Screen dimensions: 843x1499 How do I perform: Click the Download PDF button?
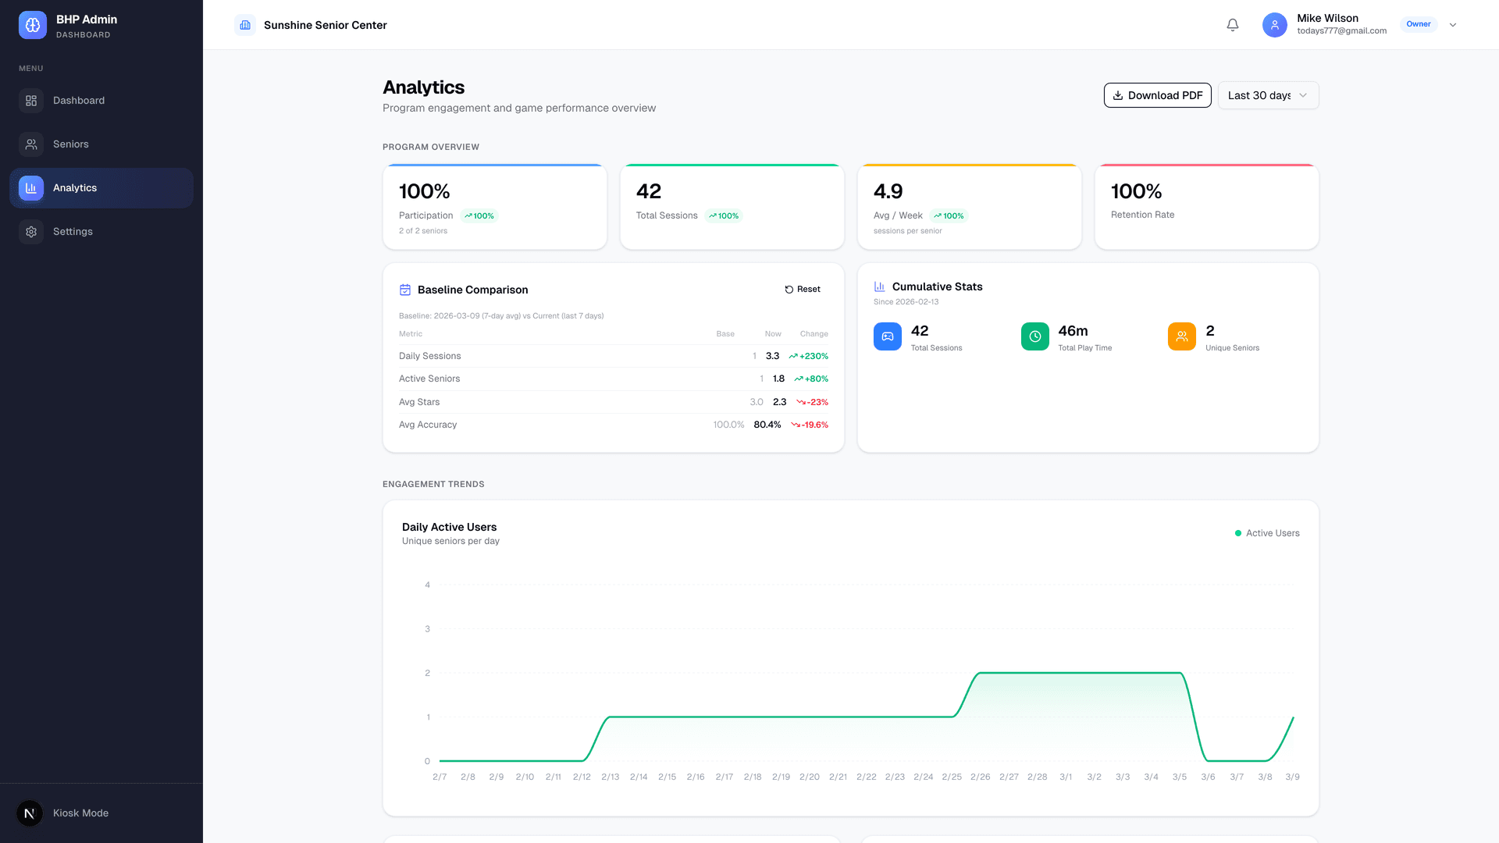(1157, 95)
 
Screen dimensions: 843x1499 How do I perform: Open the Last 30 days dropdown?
(1268, 95)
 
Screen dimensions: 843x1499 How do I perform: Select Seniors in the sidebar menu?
(70, 144)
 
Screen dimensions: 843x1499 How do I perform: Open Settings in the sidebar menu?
(73, 232)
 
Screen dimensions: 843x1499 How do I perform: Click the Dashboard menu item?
(78, 101)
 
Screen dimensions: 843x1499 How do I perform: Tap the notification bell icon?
(1233, 25)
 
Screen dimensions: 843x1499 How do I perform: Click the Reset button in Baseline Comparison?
(803, 290)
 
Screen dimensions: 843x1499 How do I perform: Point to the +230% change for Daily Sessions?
(809, 356)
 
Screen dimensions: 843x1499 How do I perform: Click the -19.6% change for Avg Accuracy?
(810, 425)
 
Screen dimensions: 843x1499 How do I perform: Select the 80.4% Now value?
(767, 425)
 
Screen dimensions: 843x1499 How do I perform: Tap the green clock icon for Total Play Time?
(1034, 336)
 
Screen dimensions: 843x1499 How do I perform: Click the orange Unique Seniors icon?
(1181, 336)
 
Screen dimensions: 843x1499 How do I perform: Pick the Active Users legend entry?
(1267, 533)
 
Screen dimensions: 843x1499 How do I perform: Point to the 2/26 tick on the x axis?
(980, 777)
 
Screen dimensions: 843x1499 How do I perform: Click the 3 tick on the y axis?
(427, 629)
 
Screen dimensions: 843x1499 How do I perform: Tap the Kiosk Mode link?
(80, 813)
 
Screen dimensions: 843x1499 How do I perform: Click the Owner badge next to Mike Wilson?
(1418, 24)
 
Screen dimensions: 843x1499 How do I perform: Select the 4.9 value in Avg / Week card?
(888, 191)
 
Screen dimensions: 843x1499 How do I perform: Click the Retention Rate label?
(1142, 215)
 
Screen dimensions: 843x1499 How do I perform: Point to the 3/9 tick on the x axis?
(1292, 777)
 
